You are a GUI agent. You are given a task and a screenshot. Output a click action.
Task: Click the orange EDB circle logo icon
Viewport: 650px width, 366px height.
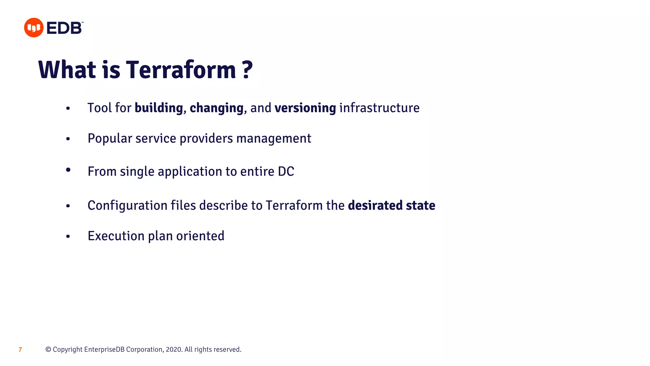(34, 28)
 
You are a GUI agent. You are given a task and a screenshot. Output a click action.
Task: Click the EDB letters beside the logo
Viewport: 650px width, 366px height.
(64, 28)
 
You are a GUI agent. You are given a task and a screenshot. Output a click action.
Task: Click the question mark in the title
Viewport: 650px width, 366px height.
(247, 70)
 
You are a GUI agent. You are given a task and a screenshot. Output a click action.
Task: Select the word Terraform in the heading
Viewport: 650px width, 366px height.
(181, 70)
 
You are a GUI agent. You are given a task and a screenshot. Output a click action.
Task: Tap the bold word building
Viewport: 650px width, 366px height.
(159, 108)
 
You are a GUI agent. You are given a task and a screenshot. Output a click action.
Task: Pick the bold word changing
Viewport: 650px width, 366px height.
(216, 108)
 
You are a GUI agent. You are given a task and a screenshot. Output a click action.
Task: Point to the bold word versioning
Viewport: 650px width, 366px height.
(305, 108)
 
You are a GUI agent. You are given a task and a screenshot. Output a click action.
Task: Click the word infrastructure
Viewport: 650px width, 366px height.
(379, 108)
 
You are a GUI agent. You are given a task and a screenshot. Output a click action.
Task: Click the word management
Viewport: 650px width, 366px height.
(274, 139)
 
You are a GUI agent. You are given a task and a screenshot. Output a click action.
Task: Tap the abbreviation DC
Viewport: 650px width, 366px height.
(286, 172)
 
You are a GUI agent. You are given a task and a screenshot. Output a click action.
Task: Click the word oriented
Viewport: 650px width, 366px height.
(200, 236)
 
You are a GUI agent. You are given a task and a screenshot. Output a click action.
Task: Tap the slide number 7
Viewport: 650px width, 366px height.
(20, 350)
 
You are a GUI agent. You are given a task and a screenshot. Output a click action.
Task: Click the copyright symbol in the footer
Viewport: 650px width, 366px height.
(48, 349)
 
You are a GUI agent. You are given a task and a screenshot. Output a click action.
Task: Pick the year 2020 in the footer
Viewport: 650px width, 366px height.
(173, 349)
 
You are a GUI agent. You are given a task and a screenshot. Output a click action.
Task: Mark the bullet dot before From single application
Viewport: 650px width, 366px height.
(68, 170)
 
